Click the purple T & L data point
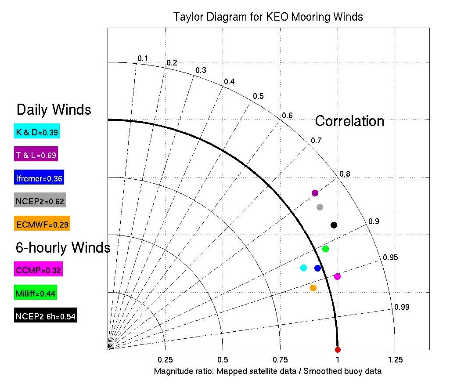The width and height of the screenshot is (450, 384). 315,193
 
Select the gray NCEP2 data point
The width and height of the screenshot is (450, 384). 320,207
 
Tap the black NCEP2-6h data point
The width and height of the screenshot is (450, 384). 334,225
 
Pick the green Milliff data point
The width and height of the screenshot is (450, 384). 325,249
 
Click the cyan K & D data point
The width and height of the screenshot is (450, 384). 303,268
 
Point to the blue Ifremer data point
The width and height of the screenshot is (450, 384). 317,268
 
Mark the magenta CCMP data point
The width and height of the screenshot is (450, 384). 337,276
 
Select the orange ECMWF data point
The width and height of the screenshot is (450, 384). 313,288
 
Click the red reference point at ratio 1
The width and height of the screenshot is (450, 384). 338,350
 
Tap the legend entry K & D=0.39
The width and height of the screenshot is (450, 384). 37,131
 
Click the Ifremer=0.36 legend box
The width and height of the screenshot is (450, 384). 39,178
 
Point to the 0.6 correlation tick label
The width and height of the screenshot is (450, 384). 287,115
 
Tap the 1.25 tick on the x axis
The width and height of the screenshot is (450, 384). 395,359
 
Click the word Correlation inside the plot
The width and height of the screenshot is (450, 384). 349,121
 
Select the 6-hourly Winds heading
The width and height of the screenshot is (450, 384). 63,248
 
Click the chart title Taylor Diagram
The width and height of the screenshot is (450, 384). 268,17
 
